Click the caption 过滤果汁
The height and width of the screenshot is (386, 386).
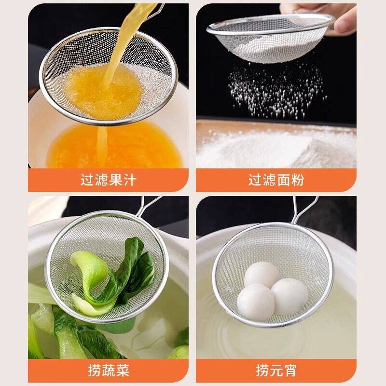click(x=108, y=180)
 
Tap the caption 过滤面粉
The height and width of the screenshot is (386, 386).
click(x=276, y=180)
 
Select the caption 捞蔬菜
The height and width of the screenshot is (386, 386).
click(x=109, y=371)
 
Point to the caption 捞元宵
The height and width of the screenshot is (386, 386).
click(x=276, y=371)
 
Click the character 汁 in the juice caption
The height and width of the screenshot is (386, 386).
click(x=130, y=180)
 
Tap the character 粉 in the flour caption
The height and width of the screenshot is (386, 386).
click(x=298, y=180)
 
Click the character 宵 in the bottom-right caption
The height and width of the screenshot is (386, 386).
click(x=290, y=371)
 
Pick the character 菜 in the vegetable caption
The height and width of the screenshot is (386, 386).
click(x=123, y=371)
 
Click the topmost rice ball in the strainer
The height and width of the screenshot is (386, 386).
click(x=262, y=274)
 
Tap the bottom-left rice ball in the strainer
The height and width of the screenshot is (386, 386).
click(x=256, y=303)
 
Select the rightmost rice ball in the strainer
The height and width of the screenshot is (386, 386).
click(x=289, y=296)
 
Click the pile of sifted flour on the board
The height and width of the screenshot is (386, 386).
click(x=276, y=148)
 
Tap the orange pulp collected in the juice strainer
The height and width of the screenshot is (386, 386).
click(x=103, y=91)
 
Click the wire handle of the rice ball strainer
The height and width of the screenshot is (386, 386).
click(x=304, y=209)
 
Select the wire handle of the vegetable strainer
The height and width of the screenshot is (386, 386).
click(x=147, y=207)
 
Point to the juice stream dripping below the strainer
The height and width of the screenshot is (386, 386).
click(x=102, y=145)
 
